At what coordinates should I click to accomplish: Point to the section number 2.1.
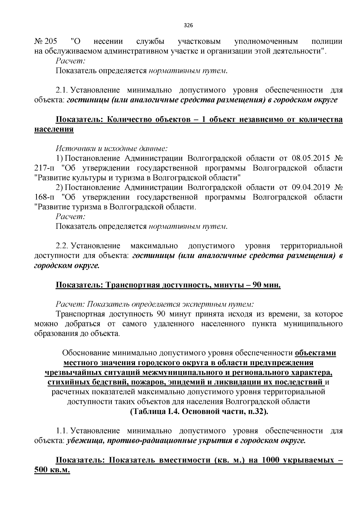62,90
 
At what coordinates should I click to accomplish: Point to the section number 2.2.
62,246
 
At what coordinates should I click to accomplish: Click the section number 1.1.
62,431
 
